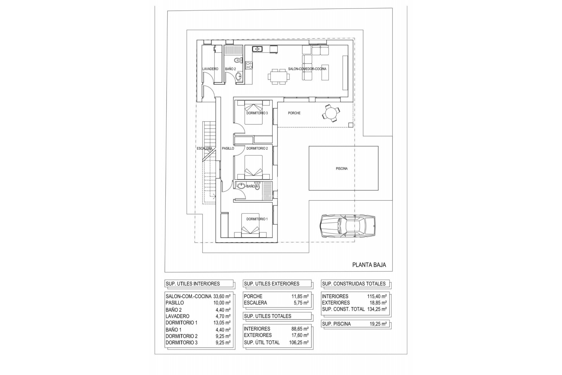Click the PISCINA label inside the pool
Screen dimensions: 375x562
click(x=342, y=169)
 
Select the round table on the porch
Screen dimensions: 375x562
click(x=331, y=113)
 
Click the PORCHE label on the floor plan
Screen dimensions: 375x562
click(x=294, y=113)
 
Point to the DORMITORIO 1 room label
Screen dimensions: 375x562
click(x=257, y=219)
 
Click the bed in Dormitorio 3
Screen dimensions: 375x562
click(x=253, y=112)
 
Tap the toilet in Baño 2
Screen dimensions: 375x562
click(x=238, y=61)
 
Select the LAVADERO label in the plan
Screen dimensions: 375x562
click(x=210, y=69)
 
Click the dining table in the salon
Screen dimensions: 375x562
click(x=279, y=77)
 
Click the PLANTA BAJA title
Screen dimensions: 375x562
click(x=369, y=265)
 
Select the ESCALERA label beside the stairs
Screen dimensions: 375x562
click(x=204, y=149)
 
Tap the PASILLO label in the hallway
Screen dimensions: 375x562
click(x=228, y=149)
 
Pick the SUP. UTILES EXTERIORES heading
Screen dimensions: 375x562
click(x=272, y=284)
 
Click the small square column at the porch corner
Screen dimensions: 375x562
click(x=351, y=125)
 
